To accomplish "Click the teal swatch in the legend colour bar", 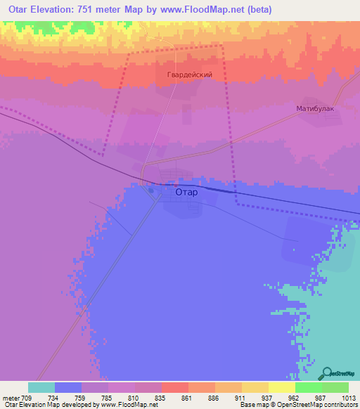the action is tap(41, 387).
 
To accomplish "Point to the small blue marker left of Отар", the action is tap(151, 189).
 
